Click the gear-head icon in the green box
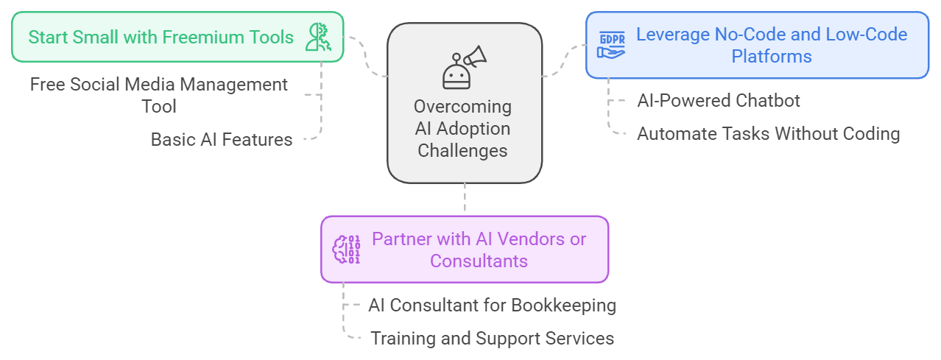pyautogui.click(x=319, y=37)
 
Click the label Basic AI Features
pyautogui.click(x=221, y=139)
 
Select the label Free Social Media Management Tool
pyautogui.click(x=159, y=95)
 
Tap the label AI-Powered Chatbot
pyautogui.click(x=718, y=100)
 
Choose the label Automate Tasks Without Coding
pyautogui.click(x=768, y=133)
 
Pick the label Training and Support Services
pyautogui.click(x=492, y=338)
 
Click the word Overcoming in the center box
pyautogui.click(x=462, y=106)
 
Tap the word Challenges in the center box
pyautogui.click(x=462, y=150)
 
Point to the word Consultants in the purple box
pyautogui.click(x=479, y=261)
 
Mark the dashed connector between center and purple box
pyautogui.click(x=465, y=199)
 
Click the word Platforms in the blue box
pyautogui.click(x=771, y=56)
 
